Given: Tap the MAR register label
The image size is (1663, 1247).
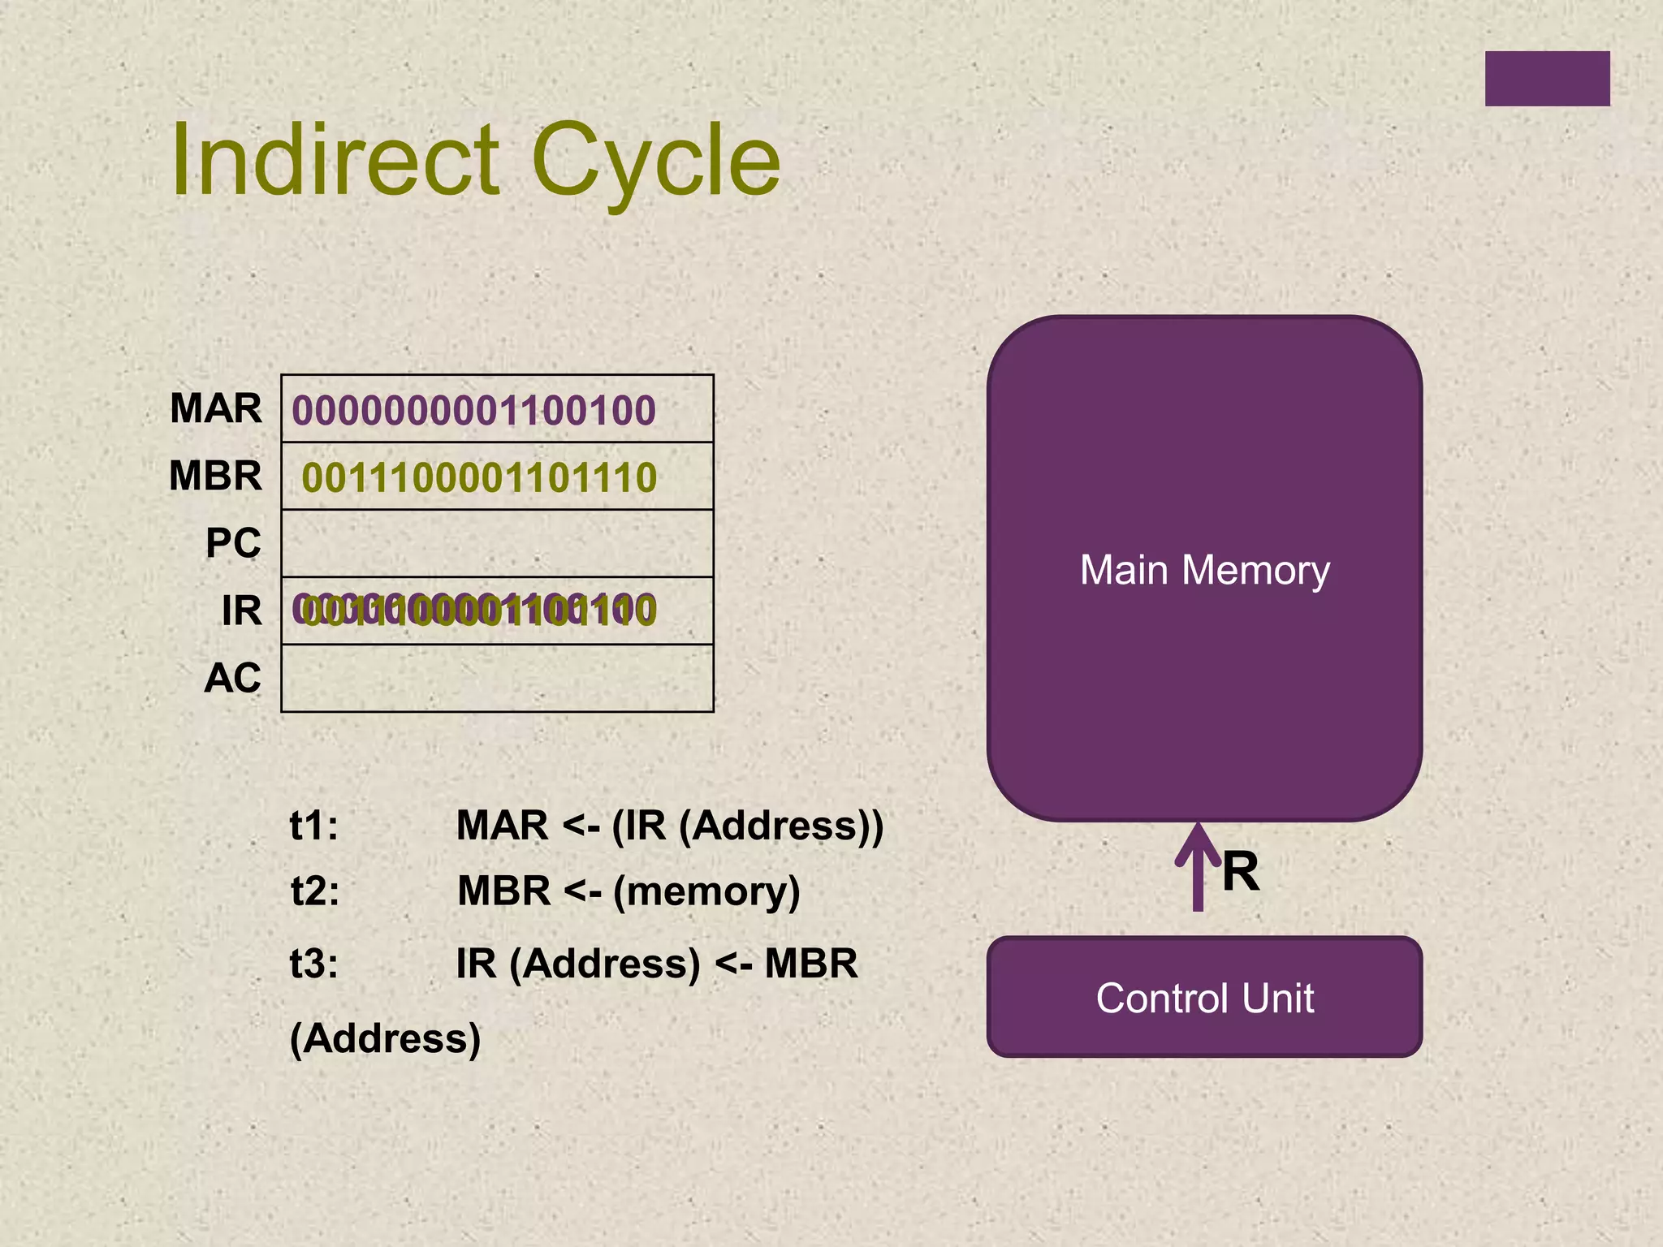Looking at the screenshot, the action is [x=216, y=408].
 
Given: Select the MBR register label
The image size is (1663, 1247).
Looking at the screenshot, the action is [x=216, y=476].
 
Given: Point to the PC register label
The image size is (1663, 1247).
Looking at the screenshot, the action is [x=233, y=543].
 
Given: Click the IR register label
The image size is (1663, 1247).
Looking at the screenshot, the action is [x=241, y=611].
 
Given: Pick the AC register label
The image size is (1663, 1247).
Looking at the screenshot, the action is [x=232, y=678].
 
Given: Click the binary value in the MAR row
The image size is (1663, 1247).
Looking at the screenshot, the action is [x=473, y=410].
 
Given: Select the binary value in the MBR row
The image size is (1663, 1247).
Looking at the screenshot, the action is [x=479, y=477].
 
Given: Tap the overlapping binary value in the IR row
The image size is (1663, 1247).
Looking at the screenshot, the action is [x=474, y=611].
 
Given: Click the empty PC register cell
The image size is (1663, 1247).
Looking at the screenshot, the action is [x=497, y=543].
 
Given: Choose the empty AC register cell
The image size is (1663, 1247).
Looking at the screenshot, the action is [x=497, y=678].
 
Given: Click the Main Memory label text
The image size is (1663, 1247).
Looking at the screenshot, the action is [x=1204, y=570].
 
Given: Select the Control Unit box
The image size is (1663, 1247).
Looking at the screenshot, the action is [x=1204, y=997].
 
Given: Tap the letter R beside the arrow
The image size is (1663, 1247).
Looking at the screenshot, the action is [x=1240, y=872].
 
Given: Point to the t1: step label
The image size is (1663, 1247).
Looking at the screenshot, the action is [x=314, y=826].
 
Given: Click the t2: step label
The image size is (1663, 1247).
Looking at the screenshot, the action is [x=315, y=891].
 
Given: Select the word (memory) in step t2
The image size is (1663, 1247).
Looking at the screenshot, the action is [x=706, y=891].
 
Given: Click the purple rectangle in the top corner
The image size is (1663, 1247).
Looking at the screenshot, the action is [x=1547, y=79].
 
